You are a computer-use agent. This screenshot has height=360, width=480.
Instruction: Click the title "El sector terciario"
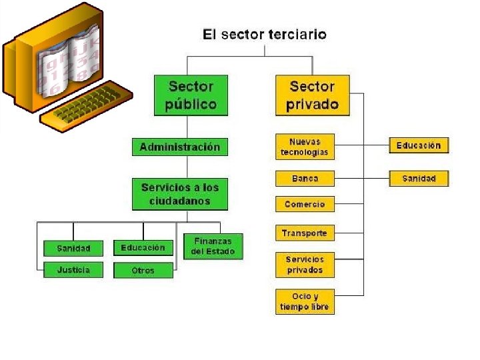(265, 34)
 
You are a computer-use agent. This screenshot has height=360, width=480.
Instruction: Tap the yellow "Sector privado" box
(312, 95)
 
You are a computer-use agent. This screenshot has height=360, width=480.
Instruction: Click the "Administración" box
(180, 147)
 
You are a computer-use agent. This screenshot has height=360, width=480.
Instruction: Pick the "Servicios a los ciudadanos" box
(180, 194)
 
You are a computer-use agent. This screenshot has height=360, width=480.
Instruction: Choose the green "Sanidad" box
(73, 248)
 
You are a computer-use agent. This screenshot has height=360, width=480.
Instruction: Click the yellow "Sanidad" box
(419, 179)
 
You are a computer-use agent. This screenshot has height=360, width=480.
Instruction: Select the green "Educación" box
(143, 248)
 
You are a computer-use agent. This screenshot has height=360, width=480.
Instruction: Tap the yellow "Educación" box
(419, 145)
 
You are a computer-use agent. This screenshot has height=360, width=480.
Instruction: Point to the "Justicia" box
(73, 270)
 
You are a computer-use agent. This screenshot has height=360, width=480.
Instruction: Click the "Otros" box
(143, 270)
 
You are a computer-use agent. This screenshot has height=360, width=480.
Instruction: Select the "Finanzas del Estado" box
(213, 246)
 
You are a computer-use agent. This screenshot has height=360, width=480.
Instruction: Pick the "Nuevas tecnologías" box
(305, 147)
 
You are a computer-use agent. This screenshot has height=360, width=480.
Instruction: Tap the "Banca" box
(305, 179)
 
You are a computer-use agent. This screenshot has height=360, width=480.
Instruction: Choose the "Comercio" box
(305, 204)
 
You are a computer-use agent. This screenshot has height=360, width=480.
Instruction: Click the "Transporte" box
(304, 233)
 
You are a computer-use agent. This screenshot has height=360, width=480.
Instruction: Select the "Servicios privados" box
(305, 265)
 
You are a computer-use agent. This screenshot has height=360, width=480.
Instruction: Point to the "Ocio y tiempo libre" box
(305, 301)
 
